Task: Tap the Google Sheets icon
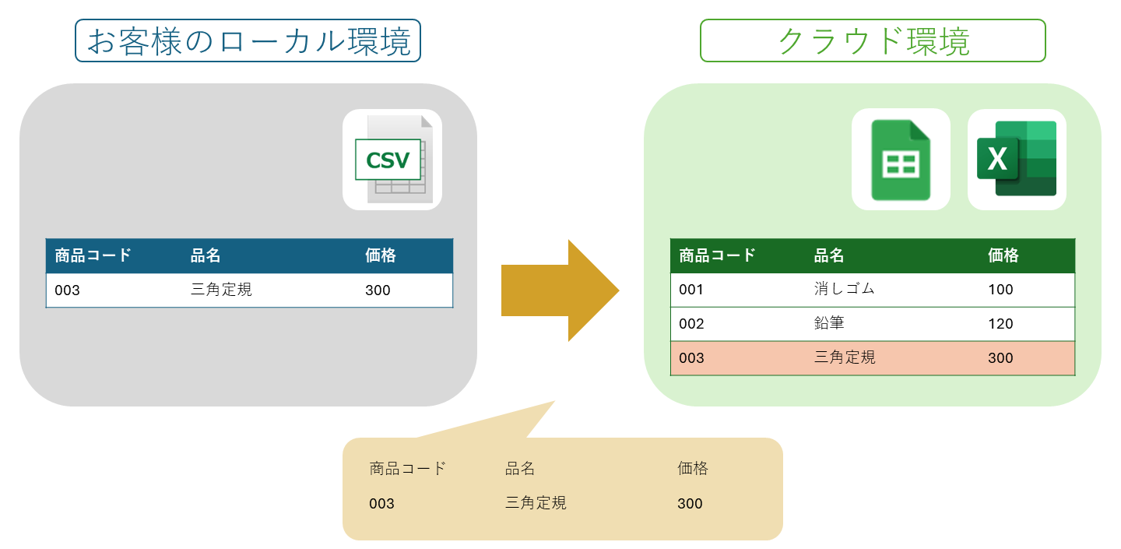901,160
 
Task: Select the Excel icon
1017,158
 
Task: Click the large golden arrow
560,290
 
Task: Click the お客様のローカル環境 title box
248,40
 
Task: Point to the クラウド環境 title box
873,40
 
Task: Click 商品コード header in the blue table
93,255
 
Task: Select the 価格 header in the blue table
381,255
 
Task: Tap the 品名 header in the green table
829,255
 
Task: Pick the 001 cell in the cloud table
691,289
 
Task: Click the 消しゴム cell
844,289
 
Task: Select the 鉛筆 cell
829,323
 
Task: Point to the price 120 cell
1000,324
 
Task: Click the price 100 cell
1000,289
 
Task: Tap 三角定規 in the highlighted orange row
845,357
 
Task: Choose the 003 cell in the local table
67,290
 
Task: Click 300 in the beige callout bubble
690,504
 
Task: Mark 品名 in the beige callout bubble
520,469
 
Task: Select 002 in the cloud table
691,324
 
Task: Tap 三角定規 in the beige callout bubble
536,502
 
